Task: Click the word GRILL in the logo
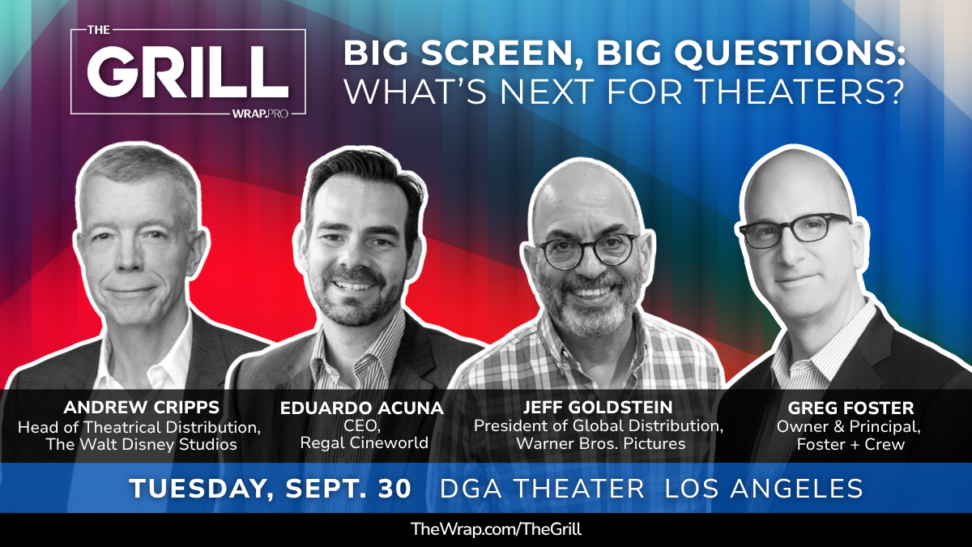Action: pos(188,71)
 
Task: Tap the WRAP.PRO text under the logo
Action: pos(260,114)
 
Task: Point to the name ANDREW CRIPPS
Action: pos(142,408)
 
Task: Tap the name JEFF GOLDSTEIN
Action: pos(598,408)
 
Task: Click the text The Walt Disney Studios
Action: pos(142,445)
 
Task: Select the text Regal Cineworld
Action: pos(364,442)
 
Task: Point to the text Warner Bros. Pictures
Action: pos(601,443)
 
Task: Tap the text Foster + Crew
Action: pos(850,444)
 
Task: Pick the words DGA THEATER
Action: pos(542,488)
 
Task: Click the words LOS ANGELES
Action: pos(764,488)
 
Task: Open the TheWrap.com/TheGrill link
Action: pos(496,529)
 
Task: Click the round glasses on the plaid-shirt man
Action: pos(588,250)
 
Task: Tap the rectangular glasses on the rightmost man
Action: pos(795,230)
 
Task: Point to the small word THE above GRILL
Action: pos(99,30)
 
